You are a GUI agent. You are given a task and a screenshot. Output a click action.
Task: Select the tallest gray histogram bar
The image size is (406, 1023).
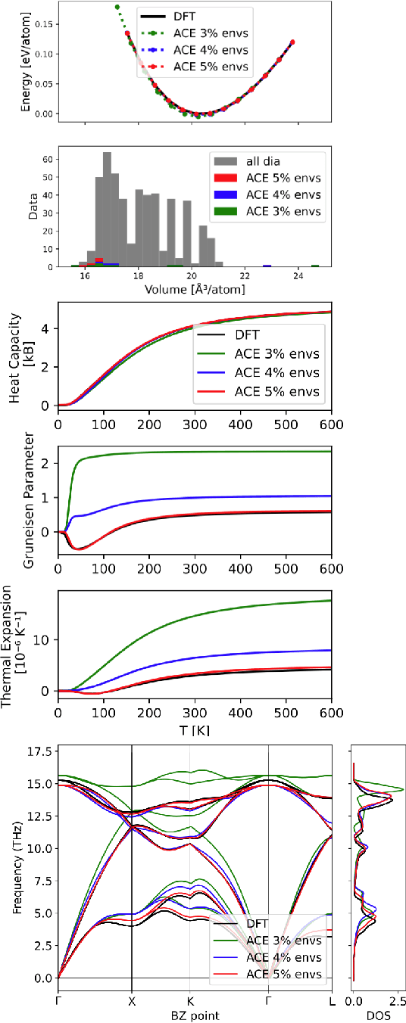pos(107,208)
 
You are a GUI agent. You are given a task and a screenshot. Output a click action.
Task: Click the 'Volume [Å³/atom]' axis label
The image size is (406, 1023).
pos(195,289)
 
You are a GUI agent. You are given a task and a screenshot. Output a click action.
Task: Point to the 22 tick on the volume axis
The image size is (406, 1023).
pos(245,276)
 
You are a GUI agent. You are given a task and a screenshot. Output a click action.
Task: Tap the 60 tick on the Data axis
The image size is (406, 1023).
pos(48,159)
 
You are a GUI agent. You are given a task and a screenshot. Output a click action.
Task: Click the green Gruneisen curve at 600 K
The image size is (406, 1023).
pos(331,452)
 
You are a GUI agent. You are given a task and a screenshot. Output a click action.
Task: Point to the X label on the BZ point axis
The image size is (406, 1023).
pos(132,1000)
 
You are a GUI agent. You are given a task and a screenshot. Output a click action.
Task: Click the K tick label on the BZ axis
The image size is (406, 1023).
pos(189,1000)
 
